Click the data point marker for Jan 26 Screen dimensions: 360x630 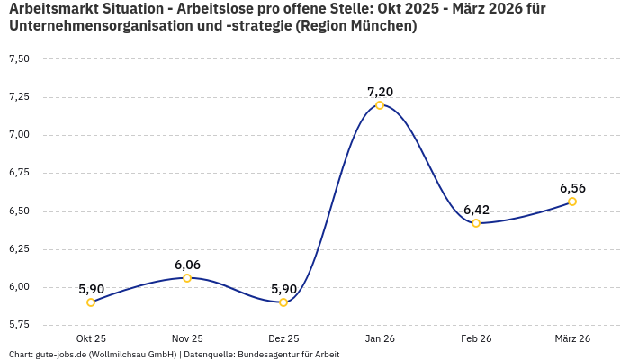380,105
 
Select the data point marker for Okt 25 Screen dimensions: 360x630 91,302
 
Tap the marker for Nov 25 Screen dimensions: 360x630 187,278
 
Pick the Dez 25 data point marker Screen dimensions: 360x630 283,302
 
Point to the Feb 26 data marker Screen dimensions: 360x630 476,223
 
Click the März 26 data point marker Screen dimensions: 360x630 572,202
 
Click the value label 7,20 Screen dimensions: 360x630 380,92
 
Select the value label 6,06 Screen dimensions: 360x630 187,265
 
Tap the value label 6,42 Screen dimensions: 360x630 476,210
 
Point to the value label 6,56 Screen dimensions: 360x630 572,188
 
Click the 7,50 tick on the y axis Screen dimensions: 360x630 19,59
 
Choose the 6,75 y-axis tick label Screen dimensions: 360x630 19,173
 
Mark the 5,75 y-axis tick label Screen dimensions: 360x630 19,324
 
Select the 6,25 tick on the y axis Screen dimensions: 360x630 19,248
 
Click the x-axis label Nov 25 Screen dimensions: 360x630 187,338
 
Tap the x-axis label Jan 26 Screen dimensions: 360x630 380,338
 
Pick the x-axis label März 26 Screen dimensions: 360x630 572,338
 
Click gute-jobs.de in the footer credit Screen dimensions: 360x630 60,354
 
